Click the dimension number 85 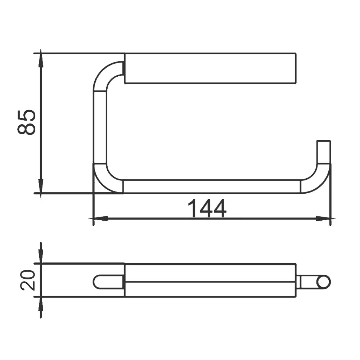tap(26, 122)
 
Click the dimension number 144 tap(207, 208)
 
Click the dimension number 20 tap(28, 280)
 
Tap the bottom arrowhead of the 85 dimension tap(41, 186)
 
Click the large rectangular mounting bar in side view tap(210, 68)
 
